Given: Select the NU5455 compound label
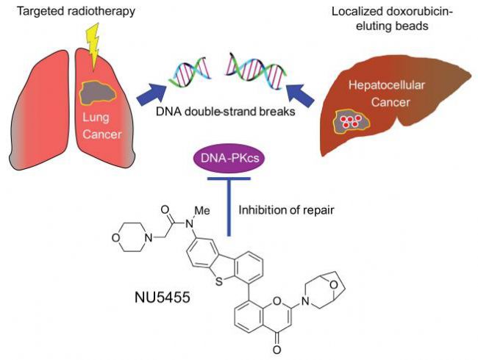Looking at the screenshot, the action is coord(163,297).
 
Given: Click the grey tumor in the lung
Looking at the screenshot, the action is coord(98,93).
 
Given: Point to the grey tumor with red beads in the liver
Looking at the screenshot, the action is coord(352,121).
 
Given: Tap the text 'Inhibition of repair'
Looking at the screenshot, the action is coord(286,210).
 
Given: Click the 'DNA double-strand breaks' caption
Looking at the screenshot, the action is coord(226,112).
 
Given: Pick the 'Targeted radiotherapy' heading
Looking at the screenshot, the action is coord(76,11).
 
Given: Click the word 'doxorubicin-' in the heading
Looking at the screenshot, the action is coord(419,12).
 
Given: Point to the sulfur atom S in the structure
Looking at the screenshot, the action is coord(218,282).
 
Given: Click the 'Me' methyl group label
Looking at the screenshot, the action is coord(202,210).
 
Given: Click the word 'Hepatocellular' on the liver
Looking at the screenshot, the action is coord(387,85).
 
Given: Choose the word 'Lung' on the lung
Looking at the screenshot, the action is coord(96,118).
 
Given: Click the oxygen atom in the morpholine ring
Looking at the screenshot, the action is coord(115,238).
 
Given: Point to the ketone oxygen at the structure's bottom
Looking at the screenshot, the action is coord(277,350).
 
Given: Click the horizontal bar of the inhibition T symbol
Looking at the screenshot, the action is coord(229,179).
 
